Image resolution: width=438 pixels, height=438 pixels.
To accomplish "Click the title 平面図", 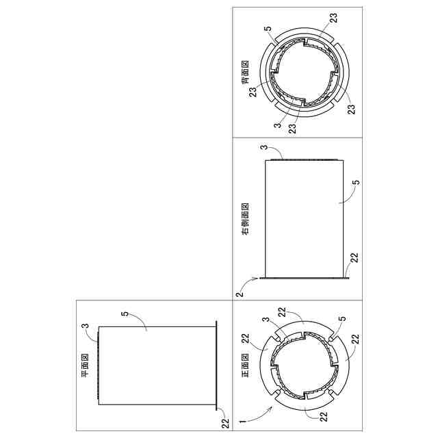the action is [x=85, y=365].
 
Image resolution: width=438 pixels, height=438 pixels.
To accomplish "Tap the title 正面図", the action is [x=245, y=365].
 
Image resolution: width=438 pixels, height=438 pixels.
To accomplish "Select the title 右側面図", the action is [x=245, y=219].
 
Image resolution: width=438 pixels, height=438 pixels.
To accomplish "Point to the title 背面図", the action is [x=245, y=73].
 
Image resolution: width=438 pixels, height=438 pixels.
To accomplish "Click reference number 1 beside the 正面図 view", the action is [x=243, y=421].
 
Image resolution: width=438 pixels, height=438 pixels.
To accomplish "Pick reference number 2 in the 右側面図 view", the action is [x=240, y=294].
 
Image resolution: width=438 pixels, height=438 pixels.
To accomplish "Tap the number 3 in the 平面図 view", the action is [x=85, y=326].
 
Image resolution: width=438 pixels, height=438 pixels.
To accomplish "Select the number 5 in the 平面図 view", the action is [x=125, y=313].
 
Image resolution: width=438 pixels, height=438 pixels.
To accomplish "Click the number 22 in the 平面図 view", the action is [x=225, y=423].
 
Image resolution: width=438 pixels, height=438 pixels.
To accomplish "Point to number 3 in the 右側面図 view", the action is [x=263, y=147].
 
